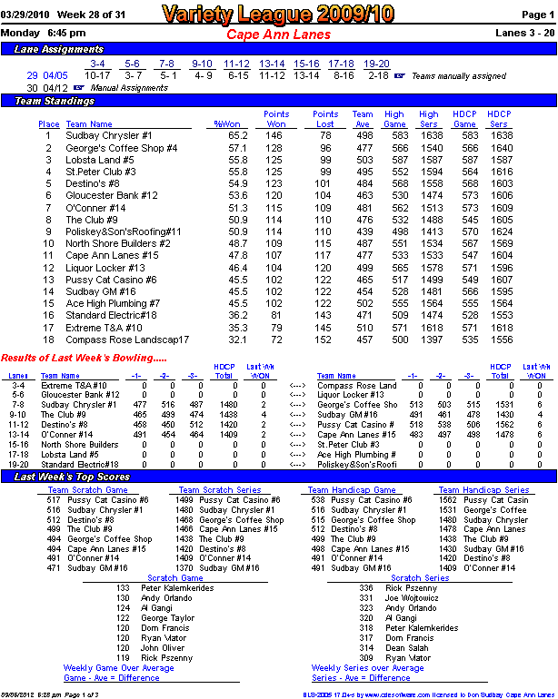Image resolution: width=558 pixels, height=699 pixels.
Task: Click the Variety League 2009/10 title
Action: coord(277,14)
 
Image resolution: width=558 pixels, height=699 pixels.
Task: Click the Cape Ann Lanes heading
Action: coord(277,34)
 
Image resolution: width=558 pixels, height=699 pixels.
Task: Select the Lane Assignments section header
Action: coord(59,49)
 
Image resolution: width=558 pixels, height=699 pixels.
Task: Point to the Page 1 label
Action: coord(537,15)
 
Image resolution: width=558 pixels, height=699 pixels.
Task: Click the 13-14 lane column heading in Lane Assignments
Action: coord(272,64)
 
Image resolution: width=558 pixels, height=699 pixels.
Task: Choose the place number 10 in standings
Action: coord(48,243)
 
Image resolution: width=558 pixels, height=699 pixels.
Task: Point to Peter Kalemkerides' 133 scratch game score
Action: coord(124,587)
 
